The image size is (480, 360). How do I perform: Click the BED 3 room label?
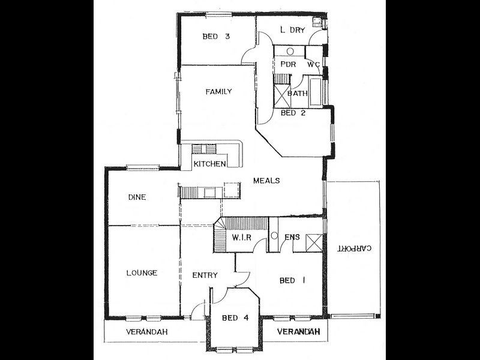point(217,37)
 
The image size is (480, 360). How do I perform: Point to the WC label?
point(313,64)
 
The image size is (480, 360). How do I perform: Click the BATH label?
point(298,94)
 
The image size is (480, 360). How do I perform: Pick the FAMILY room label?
point(218,92)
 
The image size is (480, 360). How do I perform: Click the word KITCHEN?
point(209,164)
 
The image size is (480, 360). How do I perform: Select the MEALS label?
point(266,181)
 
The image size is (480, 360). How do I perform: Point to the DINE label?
point(137,197)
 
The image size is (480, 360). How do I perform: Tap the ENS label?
point(292,238)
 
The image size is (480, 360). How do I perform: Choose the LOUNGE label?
point(142,273)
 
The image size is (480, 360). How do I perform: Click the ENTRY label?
point(205,275)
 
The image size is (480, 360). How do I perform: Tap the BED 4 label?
point(234,318)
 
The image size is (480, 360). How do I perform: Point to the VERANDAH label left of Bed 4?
point(146,332)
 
